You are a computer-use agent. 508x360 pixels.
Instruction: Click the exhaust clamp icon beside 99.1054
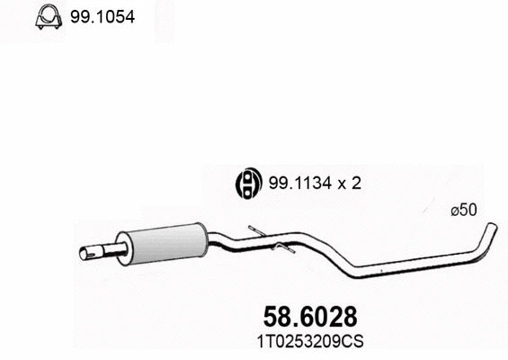(48, 18)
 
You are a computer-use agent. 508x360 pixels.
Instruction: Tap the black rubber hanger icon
(246, 183)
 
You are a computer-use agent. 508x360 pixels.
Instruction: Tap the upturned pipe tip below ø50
(487, 236)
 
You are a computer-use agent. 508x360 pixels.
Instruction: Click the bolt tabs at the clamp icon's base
(48, 28)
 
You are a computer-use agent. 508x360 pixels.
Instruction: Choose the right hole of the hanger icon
(252, 183)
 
